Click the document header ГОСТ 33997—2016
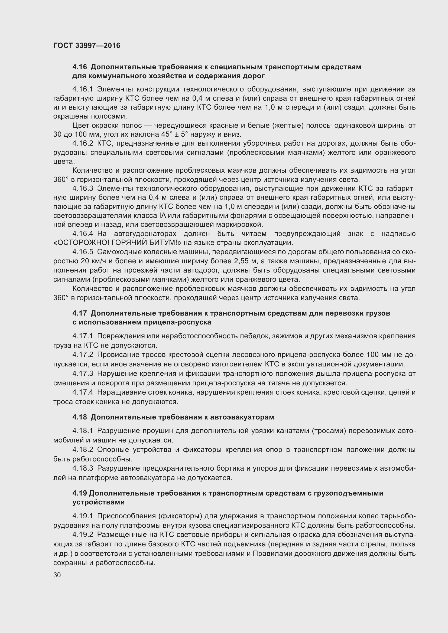[87, 45]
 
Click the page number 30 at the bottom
[57, 575]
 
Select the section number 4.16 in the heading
[79, 67]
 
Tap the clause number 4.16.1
[83, 89]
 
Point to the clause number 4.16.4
[83, 234]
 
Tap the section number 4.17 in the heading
[79, 313]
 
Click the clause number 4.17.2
[83, 355]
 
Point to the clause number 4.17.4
[83, 392]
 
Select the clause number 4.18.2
[83, 450]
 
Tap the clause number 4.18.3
[83, 468]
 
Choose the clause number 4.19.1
[83, 516]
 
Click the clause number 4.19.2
[83, 535]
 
